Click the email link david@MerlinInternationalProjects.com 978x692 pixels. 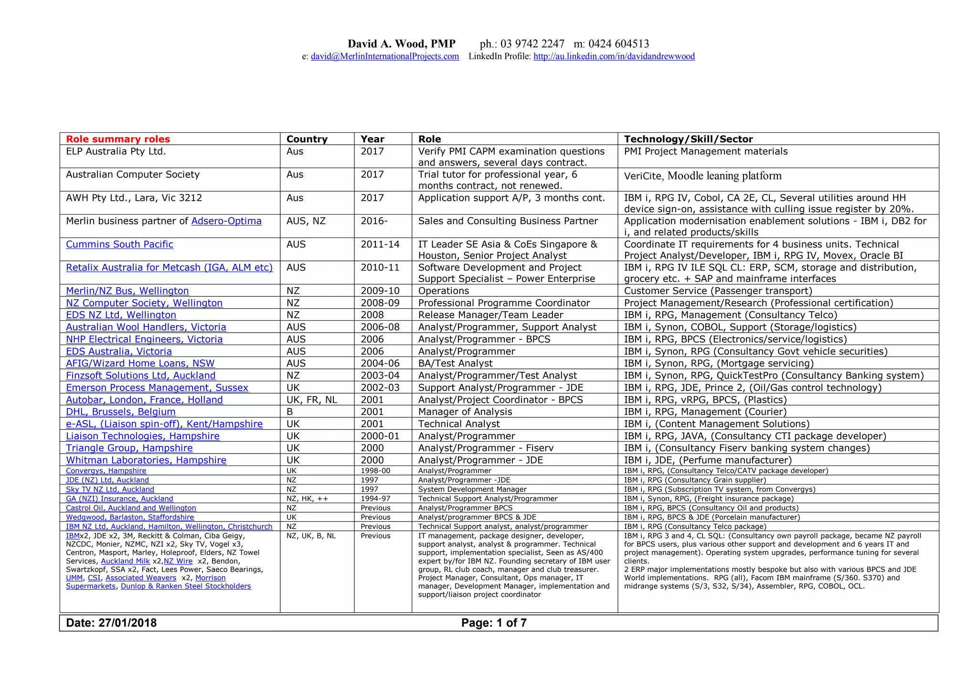click(x=385, y=56)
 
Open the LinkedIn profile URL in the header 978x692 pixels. click(x=614, y=56)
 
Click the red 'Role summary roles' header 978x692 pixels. click(x=118, y=139)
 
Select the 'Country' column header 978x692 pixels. click(x=307, y=139)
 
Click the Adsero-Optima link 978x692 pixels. click(x=226, y=221)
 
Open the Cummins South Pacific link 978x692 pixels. click(x=119, y=244)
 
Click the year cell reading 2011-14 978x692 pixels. click(x=380, y=244)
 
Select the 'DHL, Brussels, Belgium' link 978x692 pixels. click(x=120, y=411)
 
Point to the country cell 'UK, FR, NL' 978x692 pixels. click(x=311, y=400)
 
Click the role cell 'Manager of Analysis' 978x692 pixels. click(x=465, y=411)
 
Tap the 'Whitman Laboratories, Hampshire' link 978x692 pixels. click(x=146, y=460)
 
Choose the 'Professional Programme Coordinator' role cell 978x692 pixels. click(x=504, y=303)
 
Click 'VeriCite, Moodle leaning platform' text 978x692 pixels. click(x=702, y=176)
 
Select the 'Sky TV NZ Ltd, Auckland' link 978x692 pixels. click(x=110, y=489)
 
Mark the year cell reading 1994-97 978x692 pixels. click(x=375, y=498)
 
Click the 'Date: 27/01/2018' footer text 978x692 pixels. click(x=111, y=623)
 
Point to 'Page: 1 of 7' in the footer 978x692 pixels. click(x=494, y=623)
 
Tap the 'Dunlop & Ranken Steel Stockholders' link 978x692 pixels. click(x=186, y=586)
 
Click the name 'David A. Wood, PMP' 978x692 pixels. click(x=402, y=44)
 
